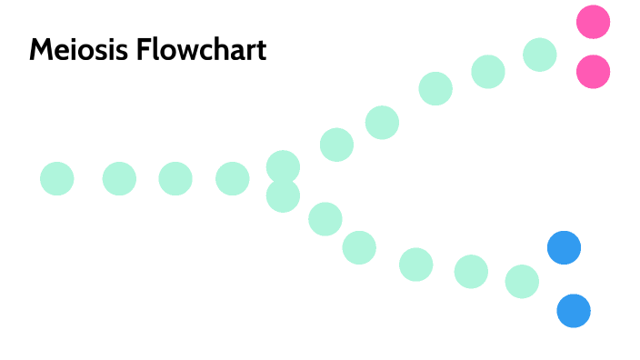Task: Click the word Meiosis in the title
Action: coord(79,49)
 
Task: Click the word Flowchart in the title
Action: coord(201,49)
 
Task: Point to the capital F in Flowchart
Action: coord(143,49)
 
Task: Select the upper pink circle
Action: coord(593,22)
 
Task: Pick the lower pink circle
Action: coord(593,72)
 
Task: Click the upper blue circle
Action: coord(564,247)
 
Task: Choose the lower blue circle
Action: coord(574,311)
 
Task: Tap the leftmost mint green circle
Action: coord(56,178)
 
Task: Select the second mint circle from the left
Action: coord(119,178)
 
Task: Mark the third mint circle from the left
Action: coord(175,178)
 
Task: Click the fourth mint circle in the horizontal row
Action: coord(232,178)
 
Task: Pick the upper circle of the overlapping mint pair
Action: coord(283,165)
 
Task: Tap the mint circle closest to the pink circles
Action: coord(540,55)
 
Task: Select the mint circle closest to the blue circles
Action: coord(522,282)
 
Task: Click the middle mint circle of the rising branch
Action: coord(435,88)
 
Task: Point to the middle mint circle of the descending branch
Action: coord(415,265)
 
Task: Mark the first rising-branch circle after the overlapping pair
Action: coord(336,145)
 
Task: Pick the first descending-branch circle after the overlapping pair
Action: coord(325,219)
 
